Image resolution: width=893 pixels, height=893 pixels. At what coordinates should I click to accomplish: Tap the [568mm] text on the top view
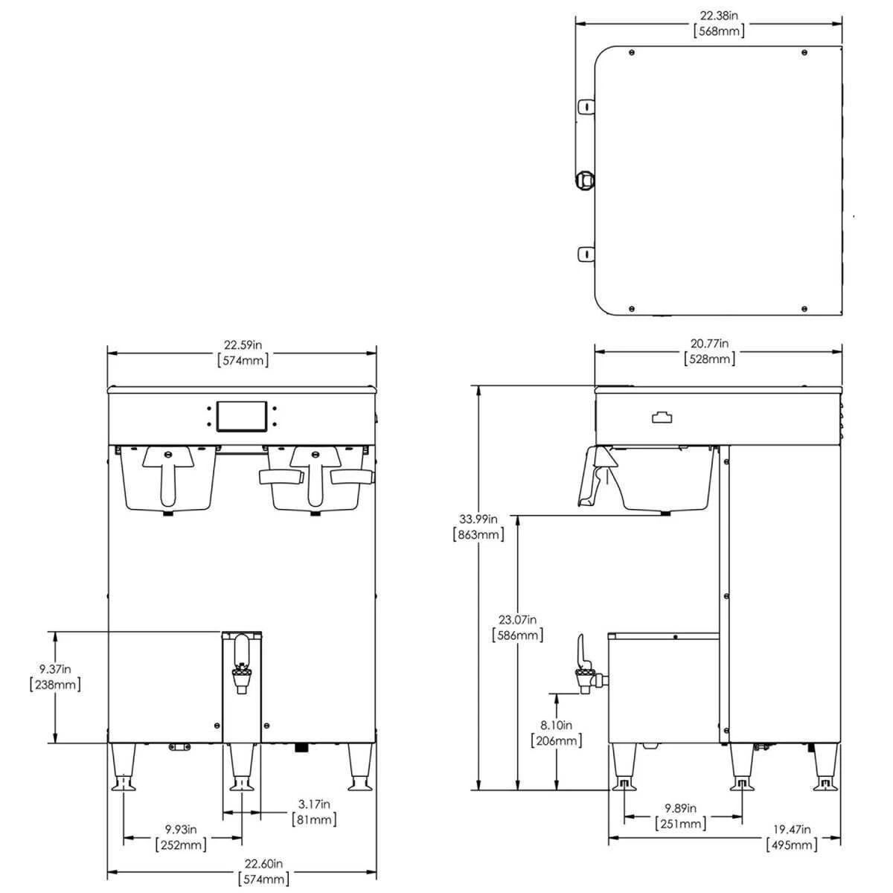718,31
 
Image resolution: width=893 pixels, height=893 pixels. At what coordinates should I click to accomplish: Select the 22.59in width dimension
243,345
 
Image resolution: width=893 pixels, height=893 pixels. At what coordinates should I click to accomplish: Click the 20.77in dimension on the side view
709,344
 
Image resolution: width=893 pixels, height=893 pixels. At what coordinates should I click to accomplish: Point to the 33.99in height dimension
478,519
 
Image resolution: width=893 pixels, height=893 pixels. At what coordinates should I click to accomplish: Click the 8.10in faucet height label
557,725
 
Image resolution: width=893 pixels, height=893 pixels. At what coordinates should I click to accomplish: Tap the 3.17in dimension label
313,804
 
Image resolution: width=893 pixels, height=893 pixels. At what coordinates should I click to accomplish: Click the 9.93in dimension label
182,829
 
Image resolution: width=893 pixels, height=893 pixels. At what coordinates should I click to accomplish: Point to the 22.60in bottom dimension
263,864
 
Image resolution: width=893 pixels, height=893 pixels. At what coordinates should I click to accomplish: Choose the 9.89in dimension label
681,808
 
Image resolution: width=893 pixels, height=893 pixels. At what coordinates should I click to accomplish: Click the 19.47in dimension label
792,829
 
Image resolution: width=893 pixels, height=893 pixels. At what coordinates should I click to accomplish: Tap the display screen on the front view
241,416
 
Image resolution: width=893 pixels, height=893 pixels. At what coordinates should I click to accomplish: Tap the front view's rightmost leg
360,766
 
